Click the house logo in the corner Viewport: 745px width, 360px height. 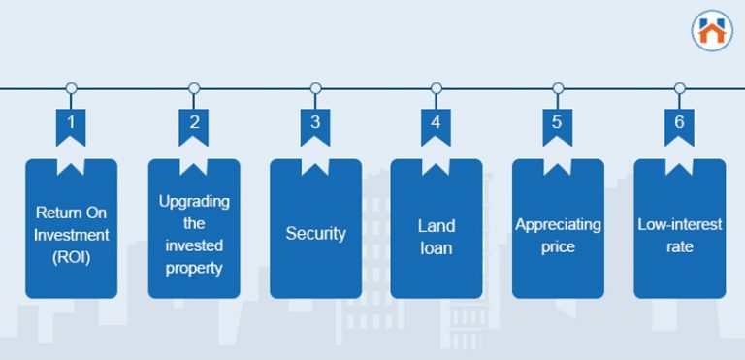pos(712,30)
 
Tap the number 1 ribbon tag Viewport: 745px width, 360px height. pos(71,124)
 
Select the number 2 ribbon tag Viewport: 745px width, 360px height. pos(194,124)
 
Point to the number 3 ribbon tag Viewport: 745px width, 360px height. pos(315,124)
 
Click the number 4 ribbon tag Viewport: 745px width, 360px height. pos(436,124)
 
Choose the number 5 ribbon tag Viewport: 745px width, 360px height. pos(557,124)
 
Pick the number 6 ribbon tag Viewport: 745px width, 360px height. pos(679,124)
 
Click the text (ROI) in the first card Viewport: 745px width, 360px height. pos(72,257)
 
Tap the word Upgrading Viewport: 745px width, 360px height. pos(194,201)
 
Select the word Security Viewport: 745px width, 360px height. pos(315,234)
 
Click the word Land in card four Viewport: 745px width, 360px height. pos(436,225)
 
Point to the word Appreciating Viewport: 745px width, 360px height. pos(558,225)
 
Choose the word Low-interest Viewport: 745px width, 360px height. pos(679,225)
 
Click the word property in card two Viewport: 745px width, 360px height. pos(194,268)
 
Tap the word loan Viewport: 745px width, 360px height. pos(436,248)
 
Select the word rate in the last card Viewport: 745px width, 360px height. pos(679,247)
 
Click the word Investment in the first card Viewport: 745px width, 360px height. pos(72,234)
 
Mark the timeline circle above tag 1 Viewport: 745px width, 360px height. pos(71,88)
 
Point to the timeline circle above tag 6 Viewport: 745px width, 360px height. pos(679,88)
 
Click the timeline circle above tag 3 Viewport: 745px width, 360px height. pos(315,88)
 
